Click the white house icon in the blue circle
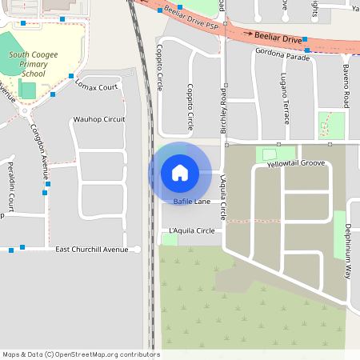click(x=180, y=172)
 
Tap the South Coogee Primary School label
click(x=33, y=63)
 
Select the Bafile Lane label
click(x=191, y=202)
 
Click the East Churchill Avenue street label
click(x=91, y=250)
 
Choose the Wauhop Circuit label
click(x=99, y=119)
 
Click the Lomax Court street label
click(x=96, y=85)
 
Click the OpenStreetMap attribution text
click(x=81, y=354)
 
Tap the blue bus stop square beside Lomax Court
click(x=71, y=76)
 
